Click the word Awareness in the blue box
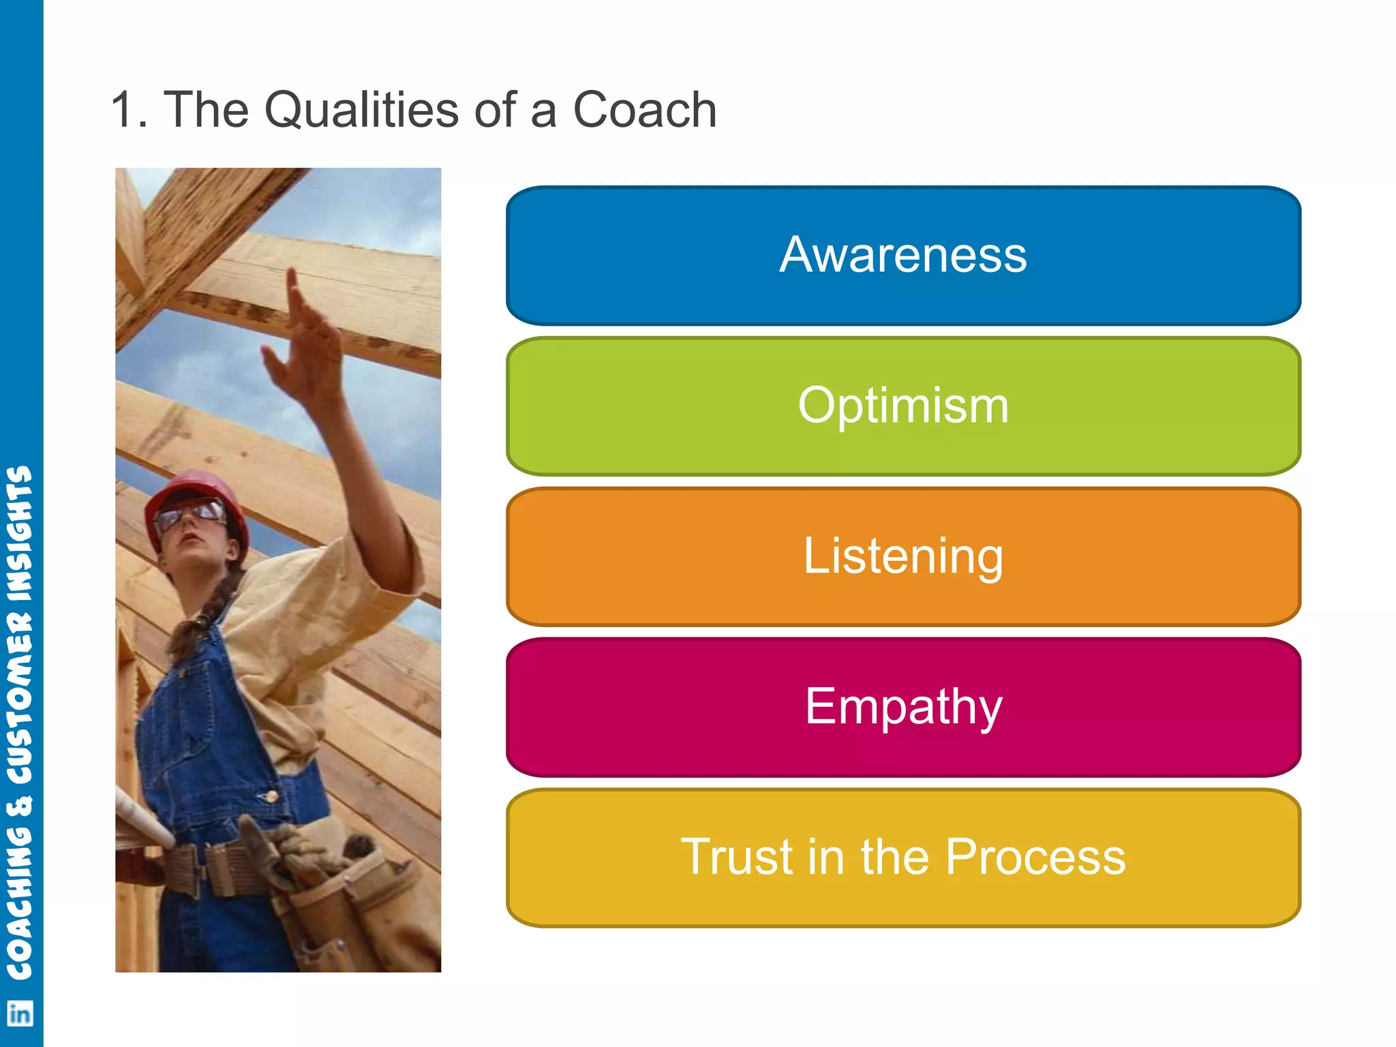point(902,255)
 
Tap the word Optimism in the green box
point(902,406)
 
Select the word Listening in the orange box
point(902,556)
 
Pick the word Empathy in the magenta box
point(902,707)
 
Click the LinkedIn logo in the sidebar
point(20,1014)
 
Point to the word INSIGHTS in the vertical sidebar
point(20,532)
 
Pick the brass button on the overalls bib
point(271,795)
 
